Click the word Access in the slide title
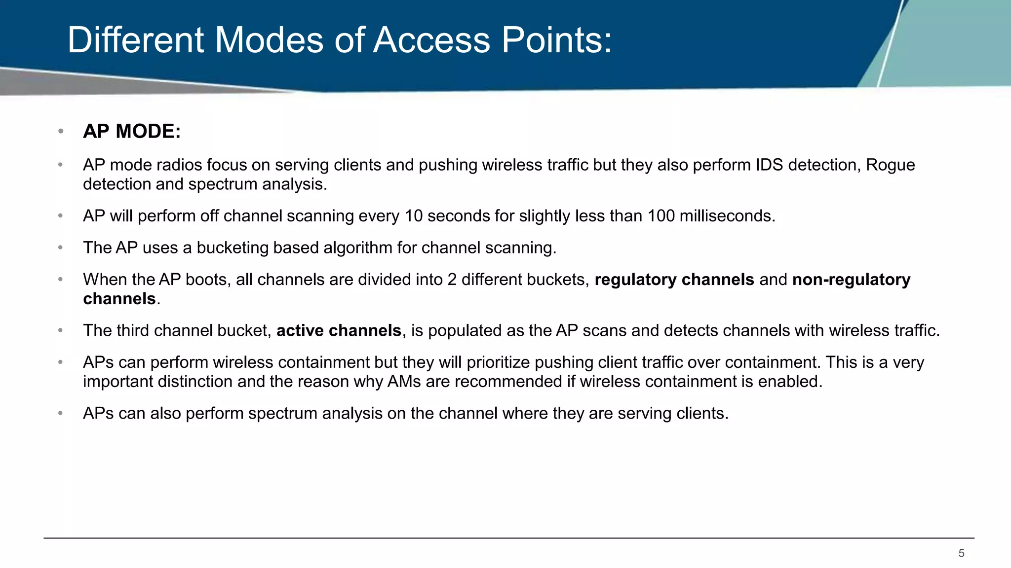(x=431, y=40)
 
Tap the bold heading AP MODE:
(x=132, y=132)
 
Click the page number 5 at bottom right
(x=961, y=553)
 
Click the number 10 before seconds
(x=414, y=216)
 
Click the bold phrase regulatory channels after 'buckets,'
(x=674, y=280)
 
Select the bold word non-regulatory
(x=851, y=280)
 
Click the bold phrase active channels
(x=339, y=330)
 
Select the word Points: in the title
(x=557, y=40)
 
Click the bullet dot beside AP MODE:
(x=61, y=131)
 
